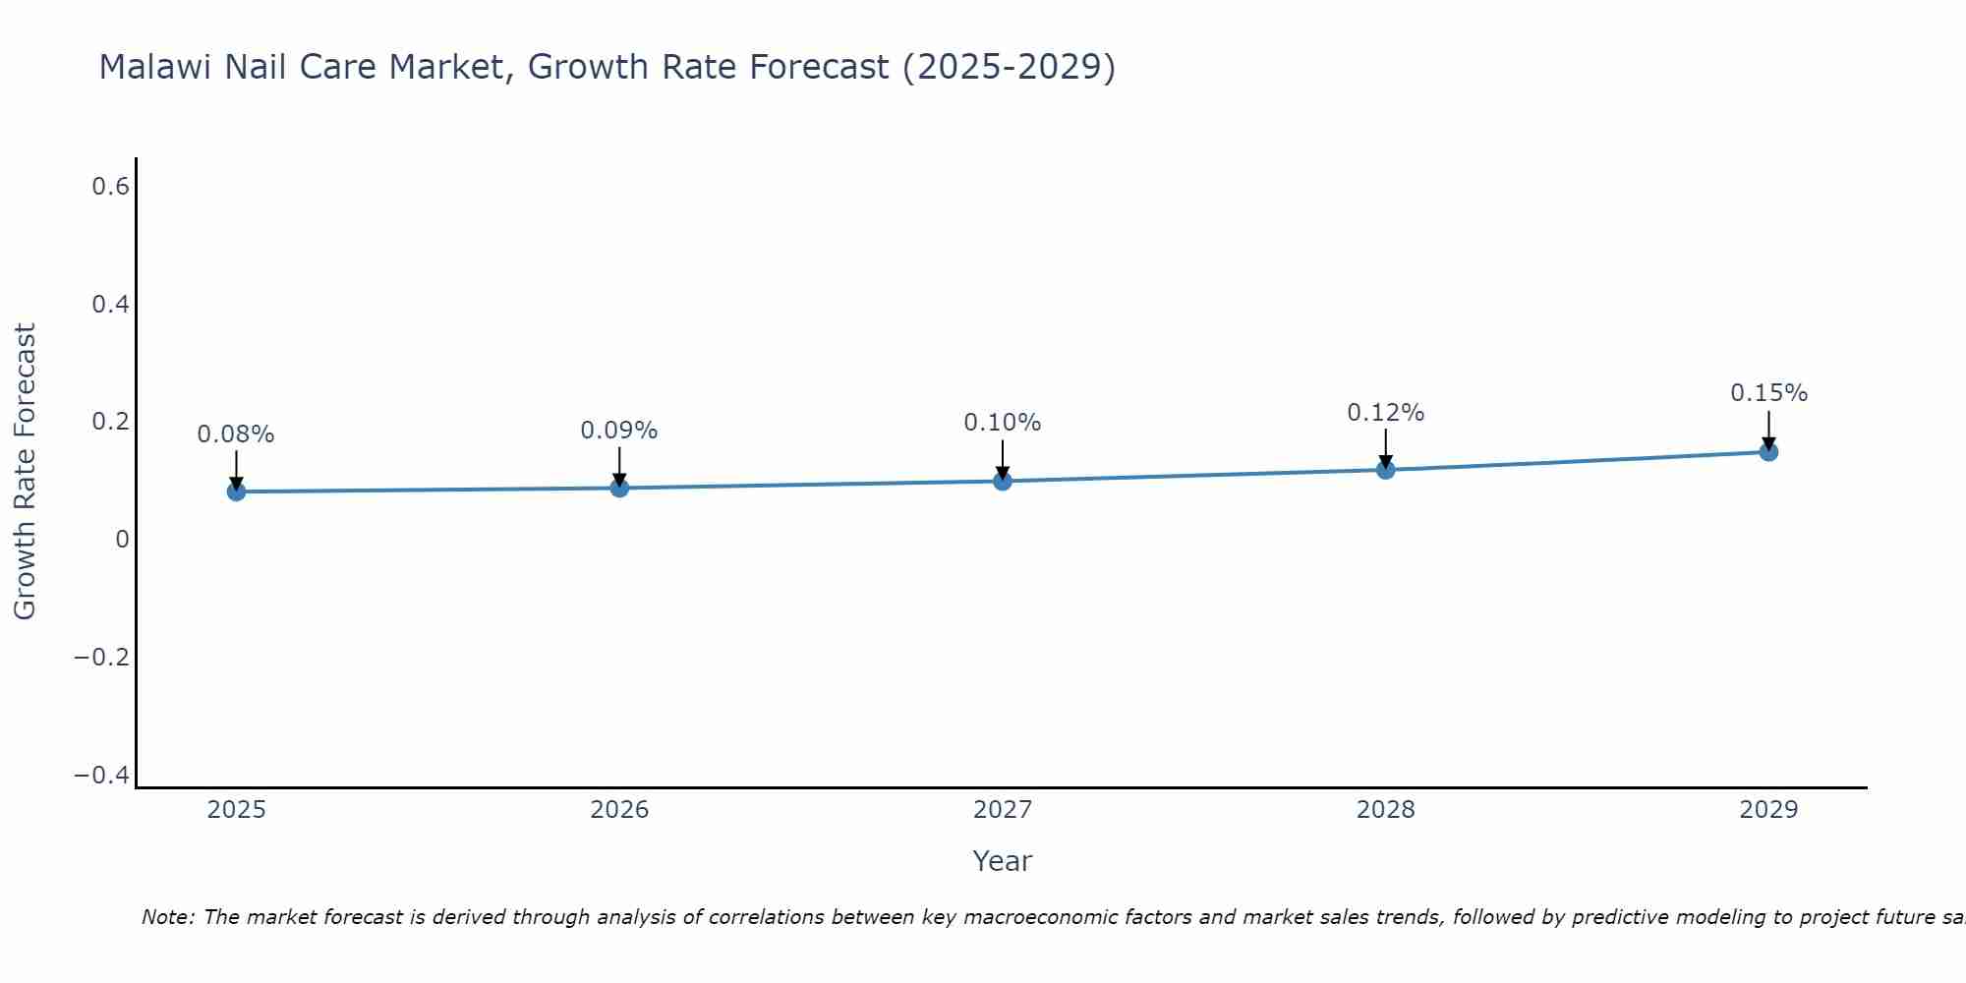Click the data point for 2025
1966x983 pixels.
[236, 491]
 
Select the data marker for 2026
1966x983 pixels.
[619, 488]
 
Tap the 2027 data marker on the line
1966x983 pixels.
[1003, 481]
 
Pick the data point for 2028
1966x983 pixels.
[1386, 470]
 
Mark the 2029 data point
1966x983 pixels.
[1768, 452]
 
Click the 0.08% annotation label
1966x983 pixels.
[236, 434]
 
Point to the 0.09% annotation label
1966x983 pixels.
[619, 431]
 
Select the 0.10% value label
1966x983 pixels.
[1003, 423]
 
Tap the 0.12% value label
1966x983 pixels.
[1386, 413]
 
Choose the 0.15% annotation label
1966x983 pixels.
[1768, 393]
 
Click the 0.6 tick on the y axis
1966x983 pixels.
[111, 186]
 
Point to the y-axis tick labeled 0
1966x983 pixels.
[122, 539]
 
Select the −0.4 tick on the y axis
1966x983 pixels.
[102, 776]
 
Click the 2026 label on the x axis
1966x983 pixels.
[619, 810]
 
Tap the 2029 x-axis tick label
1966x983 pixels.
[1768, 810]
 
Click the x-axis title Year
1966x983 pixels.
[1002, 861]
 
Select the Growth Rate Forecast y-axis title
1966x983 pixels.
[25, 472]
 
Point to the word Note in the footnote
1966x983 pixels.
[167, 917]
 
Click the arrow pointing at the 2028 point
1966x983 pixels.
[1386, 447]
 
